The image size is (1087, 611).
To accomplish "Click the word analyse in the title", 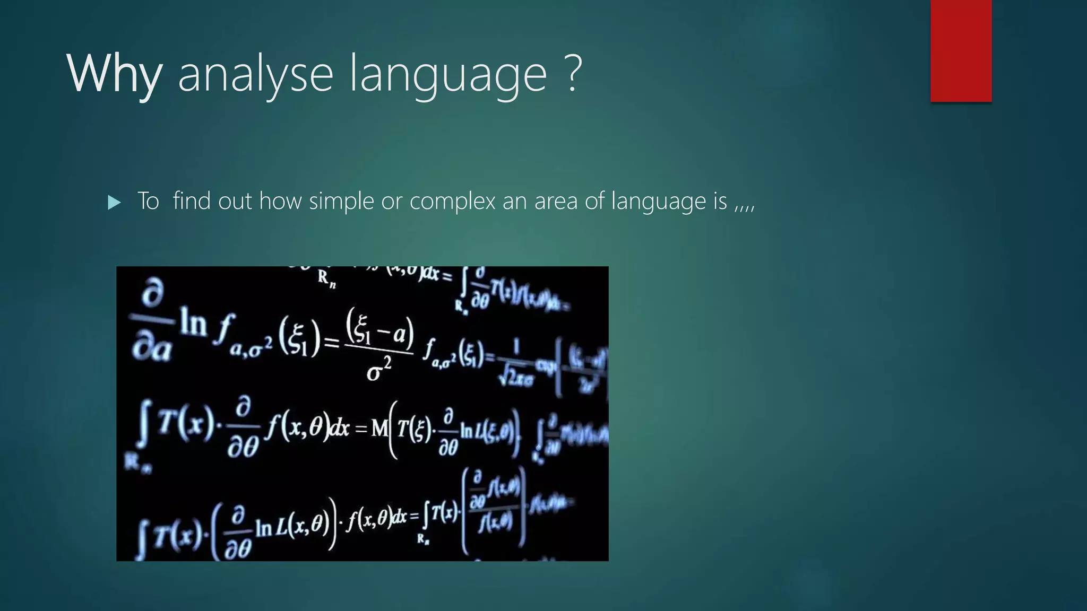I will point(255,74).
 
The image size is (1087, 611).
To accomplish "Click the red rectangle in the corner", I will point(961,50).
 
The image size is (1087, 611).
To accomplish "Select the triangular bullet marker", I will point(114,202).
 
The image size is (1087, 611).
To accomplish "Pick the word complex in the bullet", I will point(452,201).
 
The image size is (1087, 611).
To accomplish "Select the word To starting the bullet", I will point(148,201).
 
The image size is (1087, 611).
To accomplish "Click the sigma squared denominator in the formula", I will point(378,370).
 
